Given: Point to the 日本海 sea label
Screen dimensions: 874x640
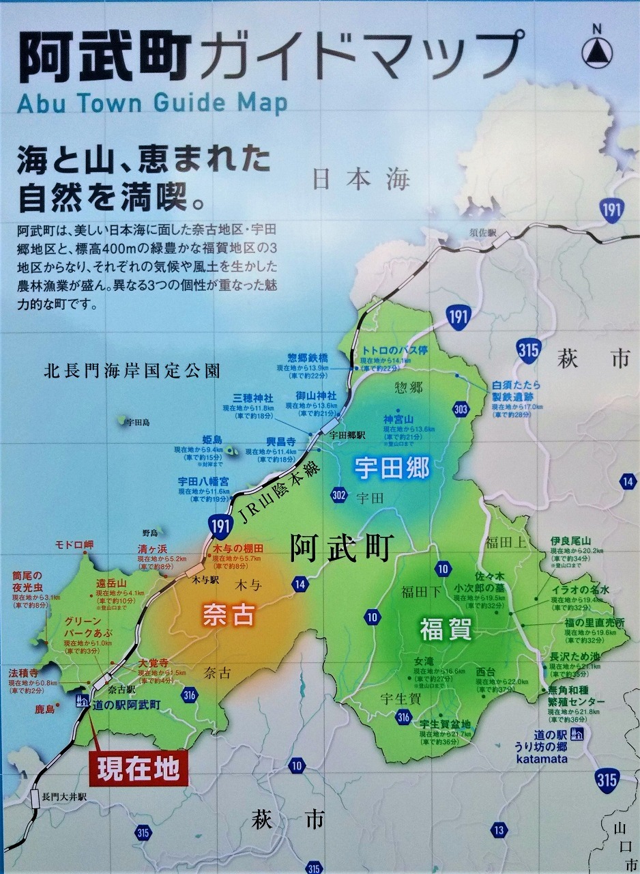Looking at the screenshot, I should click(x=362, y=180).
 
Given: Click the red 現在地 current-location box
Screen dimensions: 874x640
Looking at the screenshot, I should click(x=137, y=769).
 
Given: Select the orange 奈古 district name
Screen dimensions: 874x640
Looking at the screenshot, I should click(x=228, y=616).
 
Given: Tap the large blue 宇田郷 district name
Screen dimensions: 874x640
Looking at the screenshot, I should click(x=392, y=468).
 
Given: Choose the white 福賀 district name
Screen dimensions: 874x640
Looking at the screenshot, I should click(x=445, y=629).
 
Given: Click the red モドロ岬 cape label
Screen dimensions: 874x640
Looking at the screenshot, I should click(x=74, y=544).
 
